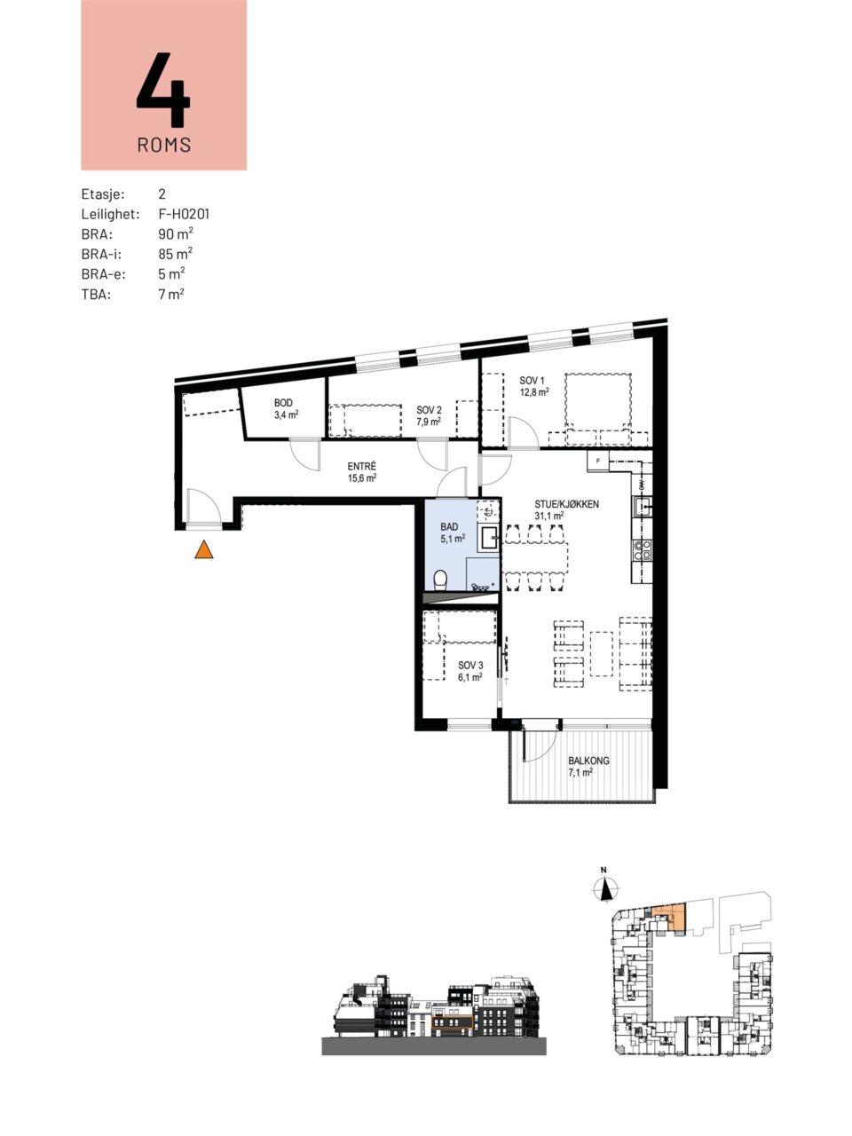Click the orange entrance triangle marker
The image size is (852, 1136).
(204, 549)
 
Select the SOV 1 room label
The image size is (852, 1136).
(534, 386)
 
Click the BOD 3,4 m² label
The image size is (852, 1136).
(286, 408)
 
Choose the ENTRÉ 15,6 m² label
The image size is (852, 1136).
(361, 472)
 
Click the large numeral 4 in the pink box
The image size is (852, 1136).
(163, 89)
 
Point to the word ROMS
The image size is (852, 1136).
(164, 145)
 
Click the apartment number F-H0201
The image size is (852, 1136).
(185, 214)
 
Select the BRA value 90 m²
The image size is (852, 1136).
(176, 233)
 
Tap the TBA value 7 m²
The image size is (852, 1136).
(171, 294)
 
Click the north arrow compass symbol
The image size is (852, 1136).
(606, 888)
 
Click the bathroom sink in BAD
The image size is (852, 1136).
(489, 538)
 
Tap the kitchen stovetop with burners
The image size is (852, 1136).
(642, 551)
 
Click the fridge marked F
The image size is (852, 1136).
(598, 460)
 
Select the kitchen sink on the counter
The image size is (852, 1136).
(642, 506)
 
